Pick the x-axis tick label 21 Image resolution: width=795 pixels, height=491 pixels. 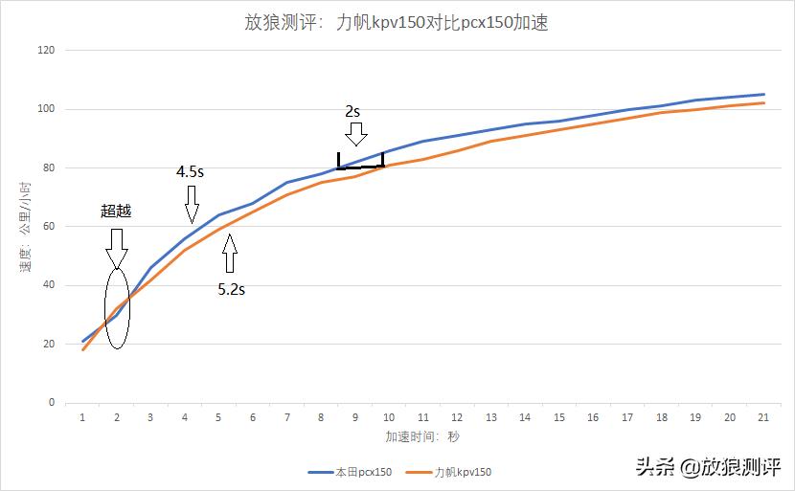coord(761,417)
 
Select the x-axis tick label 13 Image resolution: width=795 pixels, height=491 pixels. coord(490,417)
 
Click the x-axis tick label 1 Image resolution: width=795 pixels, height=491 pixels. coord(83,417)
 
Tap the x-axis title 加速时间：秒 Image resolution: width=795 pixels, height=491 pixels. coord(422,437)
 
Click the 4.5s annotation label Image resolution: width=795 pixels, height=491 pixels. coord(190,172)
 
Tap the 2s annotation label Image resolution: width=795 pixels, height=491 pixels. coord(353,110)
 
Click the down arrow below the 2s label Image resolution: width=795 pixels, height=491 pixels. coord(354,132)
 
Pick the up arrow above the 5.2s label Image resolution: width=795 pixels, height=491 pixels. coord(229,255)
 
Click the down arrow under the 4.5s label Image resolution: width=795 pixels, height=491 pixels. coord(192,203)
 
